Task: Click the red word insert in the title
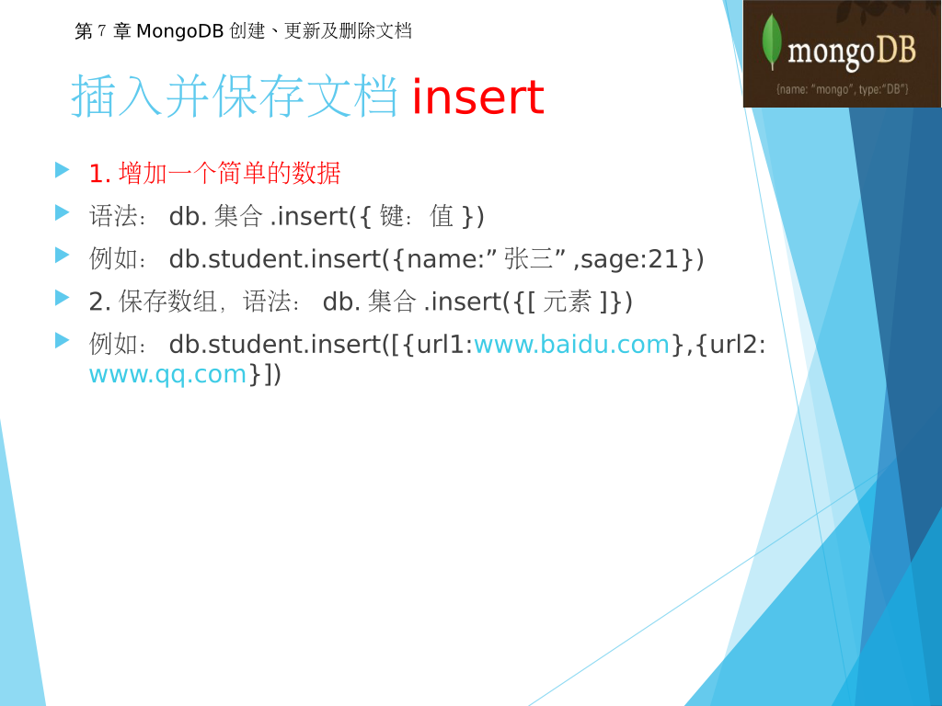point(478,97)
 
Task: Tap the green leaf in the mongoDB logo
point(772,40)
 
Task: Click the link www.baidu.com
point(571,345)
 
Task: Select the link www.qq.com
point(167,375)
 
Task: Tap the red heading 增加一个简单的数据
point(229,173)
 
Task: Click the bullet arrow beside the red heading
point(62,170)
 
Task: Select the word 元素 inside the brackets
point(567,302)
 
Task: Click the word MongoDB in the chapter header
point(180,30)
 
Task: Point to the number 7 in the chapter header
point(101,30)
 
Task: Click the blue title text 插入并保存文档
point(235,96)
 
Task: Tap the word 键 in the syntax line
point(391,216)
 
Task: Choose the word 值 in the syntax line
point(442,216)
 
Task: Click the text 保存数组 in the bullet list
point(167,302)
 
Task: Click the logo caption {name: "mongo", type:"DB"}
point(843,89)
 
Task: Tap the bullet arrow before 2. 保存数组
point(62,298)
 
